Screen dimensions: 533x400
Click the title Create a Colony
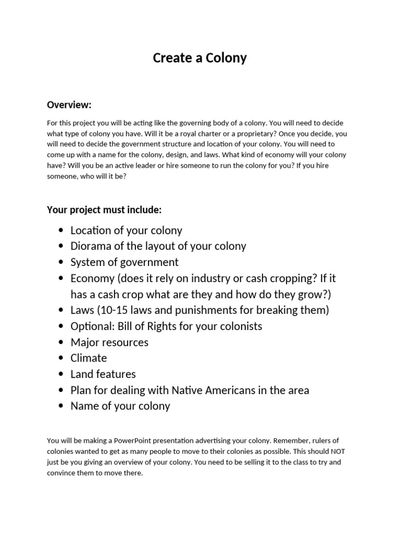coord(199,58)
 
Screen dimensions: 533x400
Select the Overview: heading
coord(69,105)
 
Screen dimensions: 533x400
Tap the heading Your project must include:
coord(104,210)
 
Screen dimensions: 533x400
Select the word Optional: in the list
coord(92,326)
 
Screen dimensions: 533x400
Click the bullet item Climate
coord(89,358)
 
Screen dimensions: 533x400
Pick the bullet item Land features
coord(103,374)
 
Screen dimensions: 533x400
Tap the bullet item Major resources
coord(109,342)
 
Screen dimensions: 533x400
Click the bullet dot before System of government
coord(61,262)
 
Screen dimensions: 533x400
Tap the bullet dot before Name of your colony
coord(61,407)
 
